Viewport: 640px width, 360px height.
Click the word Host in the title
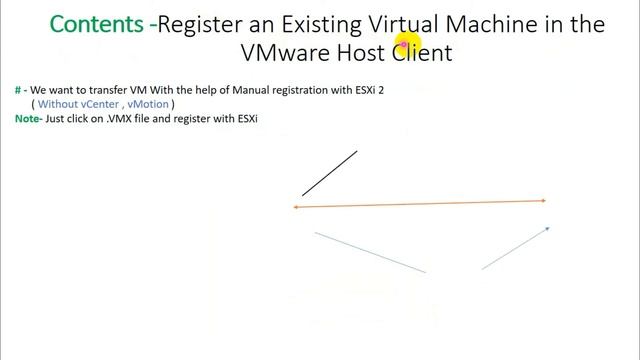(x=363, y=52)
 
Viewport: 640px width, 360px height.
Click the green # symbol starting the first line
(x=19, y=90)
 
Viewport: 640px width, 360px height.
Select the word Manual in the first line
(x=226, y=90)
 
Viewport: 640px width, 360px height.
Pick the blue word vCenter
(x=101, y=103)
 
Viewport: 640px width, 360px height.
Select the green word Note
(x=28, y=118)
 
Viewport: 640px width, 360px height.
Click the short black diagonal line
(x=330, y=173)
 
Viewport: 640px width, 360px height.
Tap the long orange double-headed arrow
(x=420, y=204)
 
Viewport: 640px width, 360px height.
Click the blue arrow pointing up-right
(x=516, y=248)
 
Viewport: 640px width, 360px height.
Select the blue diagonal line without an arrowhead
(x=370, y=252)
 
